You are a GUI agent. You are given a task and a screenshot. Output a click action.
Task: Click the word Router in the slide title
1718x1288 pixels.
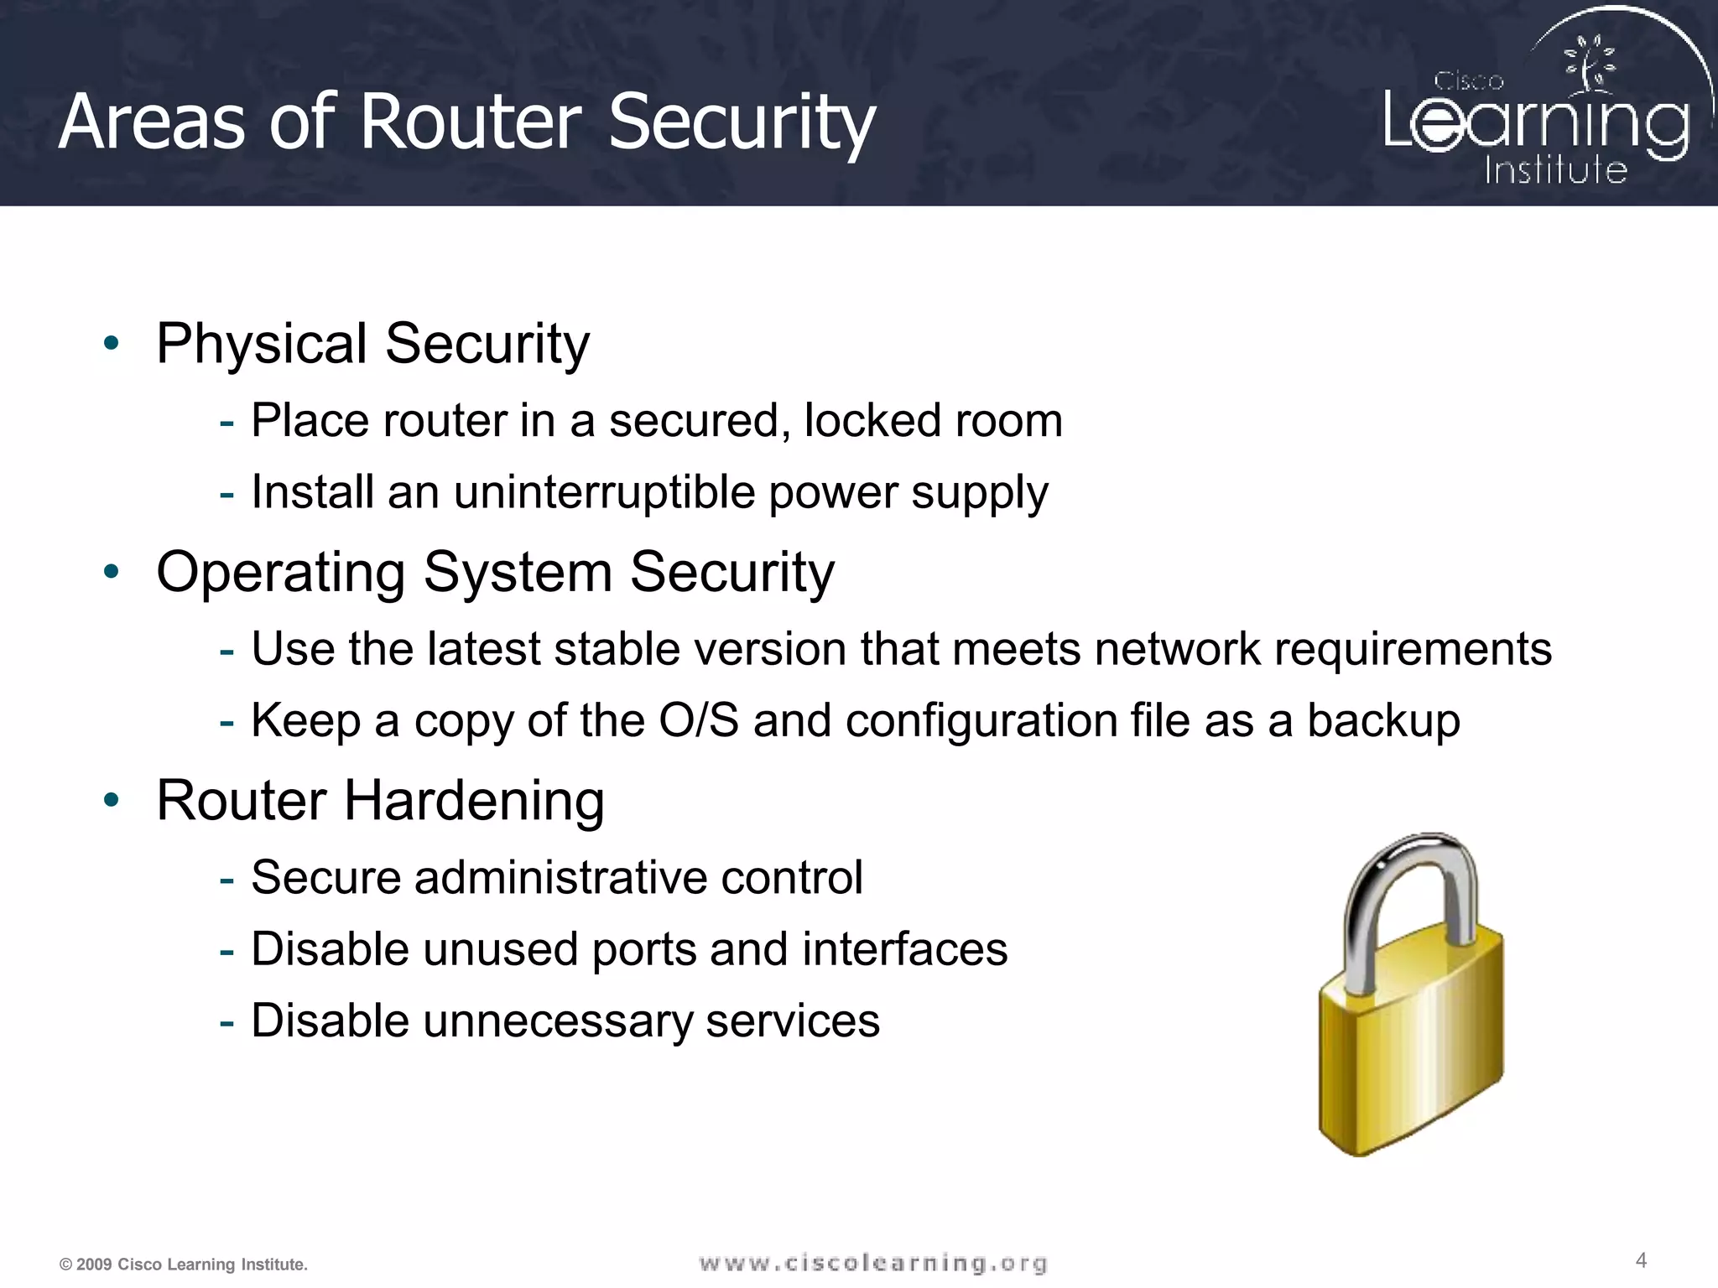[x=471, y=122]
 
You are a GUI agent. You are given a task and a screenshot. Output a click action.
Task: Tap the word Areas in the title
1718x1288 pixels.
[x=151, y=122]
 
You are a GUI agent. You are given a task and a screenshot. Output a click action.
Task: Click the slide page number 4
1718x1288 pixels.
[x=1641, y=1260]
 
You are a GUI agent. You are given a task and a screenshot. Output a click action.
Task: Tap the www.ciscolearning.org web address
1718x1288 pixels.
[x=872, y=1263]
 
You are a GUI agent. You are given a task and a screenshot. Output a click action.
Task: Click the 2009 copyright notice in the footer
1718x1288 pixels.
[x=184, y=1265]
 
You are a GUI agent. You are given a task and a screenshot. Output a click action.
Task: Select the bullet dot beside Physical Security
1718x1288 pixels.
[x=112, y=343]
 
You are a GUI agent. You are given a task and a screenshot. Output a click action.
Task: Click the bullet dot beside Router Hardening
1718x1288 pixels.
[x=112, y=800]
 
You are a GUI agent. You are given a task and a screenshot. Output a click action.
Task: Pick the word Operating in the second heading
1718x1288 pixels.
[x=281, y=573]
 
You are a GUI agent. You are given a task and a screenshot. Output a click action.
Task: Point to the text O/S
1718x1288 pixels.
[x=699, y=720]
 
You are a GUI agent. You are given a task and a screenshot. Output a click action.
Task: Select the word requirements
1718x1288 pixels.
[x=1413, y=650]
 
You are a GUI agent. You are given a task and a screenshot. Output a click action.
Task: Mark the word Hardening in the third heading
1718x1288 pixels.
[x=474, y=801]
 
